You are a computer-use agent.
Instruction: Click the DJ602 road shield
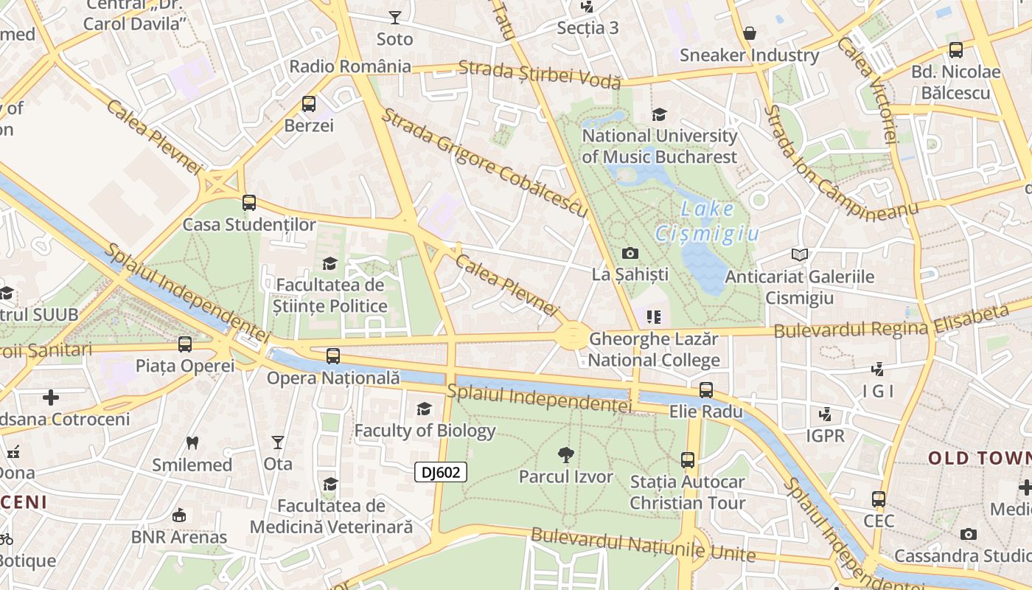(x=441, y=472)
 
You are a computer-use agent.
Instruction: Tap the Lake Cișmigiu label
(x=707, y=222)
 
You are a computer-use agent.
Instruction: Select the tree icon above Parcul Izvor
(x=566, y=454)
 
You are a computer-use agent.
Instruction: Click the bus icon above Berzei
(x=309, y=104)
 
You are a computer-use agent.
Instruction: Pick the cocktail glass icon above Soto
(x=395, y=18)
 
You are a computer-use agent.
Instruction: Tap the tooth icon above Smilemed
(x=192, y=442)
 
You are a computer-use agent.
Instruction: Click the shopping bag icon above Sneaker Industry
(x=750, y=33)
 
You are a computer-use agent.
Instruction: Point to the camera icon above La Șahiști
(x=630, y=253)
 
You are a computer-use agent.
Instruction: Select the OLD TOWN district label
(x=979, y=458)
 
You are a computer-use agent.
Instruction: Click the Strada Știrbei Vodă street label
(x=540, y=74)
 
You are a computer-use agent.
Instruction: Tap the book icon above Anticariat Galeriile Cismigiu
(x=800, y=255)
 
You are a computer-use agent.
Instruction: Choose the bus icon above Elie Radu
(x=706, y=389)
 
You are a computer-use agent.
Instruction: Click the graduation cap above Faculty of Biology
(x=424, y=409)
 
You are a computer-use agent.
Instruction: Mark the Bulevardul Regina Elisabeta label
(x=891, y=322)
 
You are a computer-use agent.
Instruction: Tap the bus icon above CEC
(x=879, y=499)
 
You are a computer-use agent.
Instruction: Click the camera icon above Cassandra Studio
(x=969, y=534)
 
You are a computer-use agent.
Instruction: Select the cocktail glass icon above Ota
(x=278, y=442)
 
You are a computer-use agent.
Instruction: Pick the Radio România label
(x=350, y=66)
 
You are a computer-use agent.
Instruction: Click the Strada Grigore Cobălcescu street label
(x=484, y=164)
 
